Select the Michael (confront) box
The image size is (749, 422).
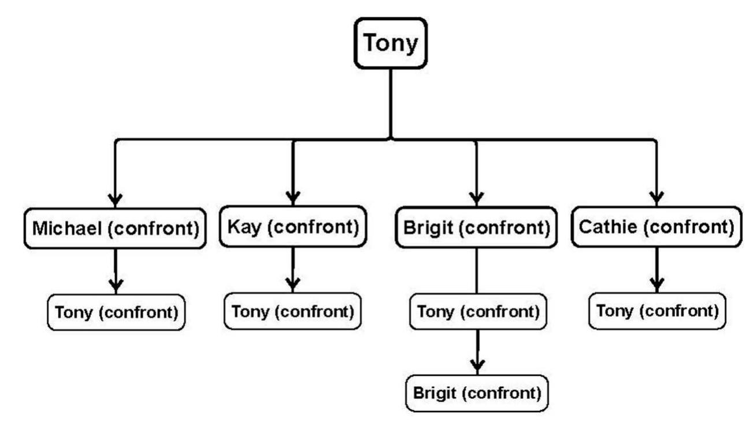(115, 229)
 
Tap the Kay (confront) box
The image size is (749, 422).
(292, 227)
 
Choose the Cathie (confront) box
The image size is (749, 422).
(656, 227)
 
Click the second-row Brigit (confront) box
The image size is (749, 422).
(476, 228)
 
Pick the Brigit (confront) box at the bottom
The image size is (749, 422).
(477, 393)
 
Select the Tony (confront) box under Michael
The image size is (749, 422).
(116, 312)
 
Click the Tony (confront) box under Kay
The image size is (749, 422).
(292, 311)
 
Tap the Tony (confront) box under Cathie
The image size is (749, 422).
(657, 311)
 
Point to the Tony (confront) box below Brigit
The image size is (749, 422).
(477, 312)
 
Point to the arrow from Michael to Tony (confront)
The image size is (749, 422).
(116, 268)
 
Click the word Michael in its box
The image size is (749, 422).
(65, 229)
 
